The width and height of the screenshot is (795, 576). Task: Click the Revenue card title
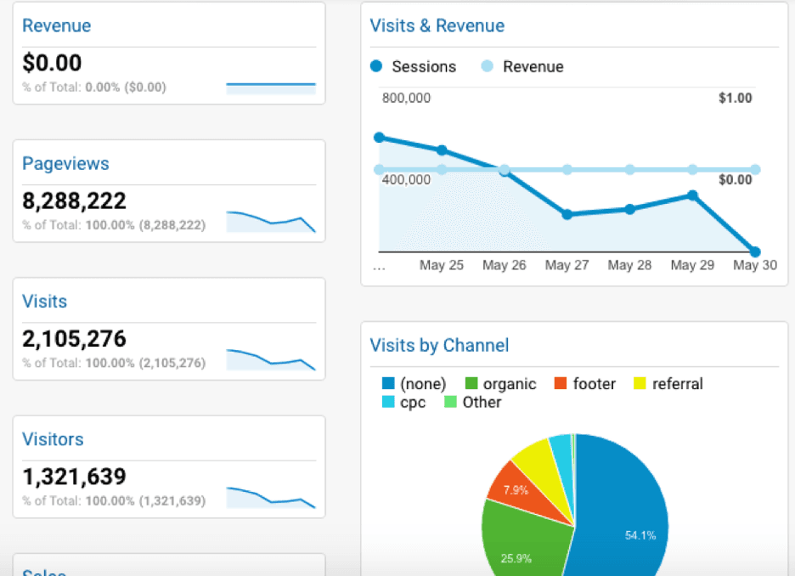coord(56,25)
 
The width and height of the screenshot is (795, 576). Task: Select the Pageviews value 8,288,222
coord(74,201)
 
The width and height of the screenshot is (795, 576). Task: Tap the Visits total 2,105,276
coord(74,339)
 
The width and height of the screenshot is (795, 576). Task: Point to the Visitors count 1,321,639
coord(74,477)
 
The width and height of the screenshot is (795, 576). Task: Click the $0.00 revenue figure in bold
coord(52,64)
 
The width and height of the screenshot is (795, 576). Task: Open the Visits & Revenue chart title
coord(437,25)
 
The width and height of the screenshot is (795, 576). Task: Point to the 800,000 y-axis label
coord(406,98)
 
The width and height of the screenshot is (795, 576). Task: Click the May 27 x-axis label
coord(567,265)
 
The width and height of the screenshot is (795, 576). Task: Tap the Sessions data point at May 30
coord(754,251)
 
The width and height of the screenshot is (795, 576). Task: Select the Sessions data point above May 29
coord(692,195)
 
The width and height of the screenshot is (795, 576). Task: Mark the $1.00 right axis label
coord(735,98)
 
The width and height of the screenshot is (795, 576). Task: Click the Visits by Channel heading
coord(439,345)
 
